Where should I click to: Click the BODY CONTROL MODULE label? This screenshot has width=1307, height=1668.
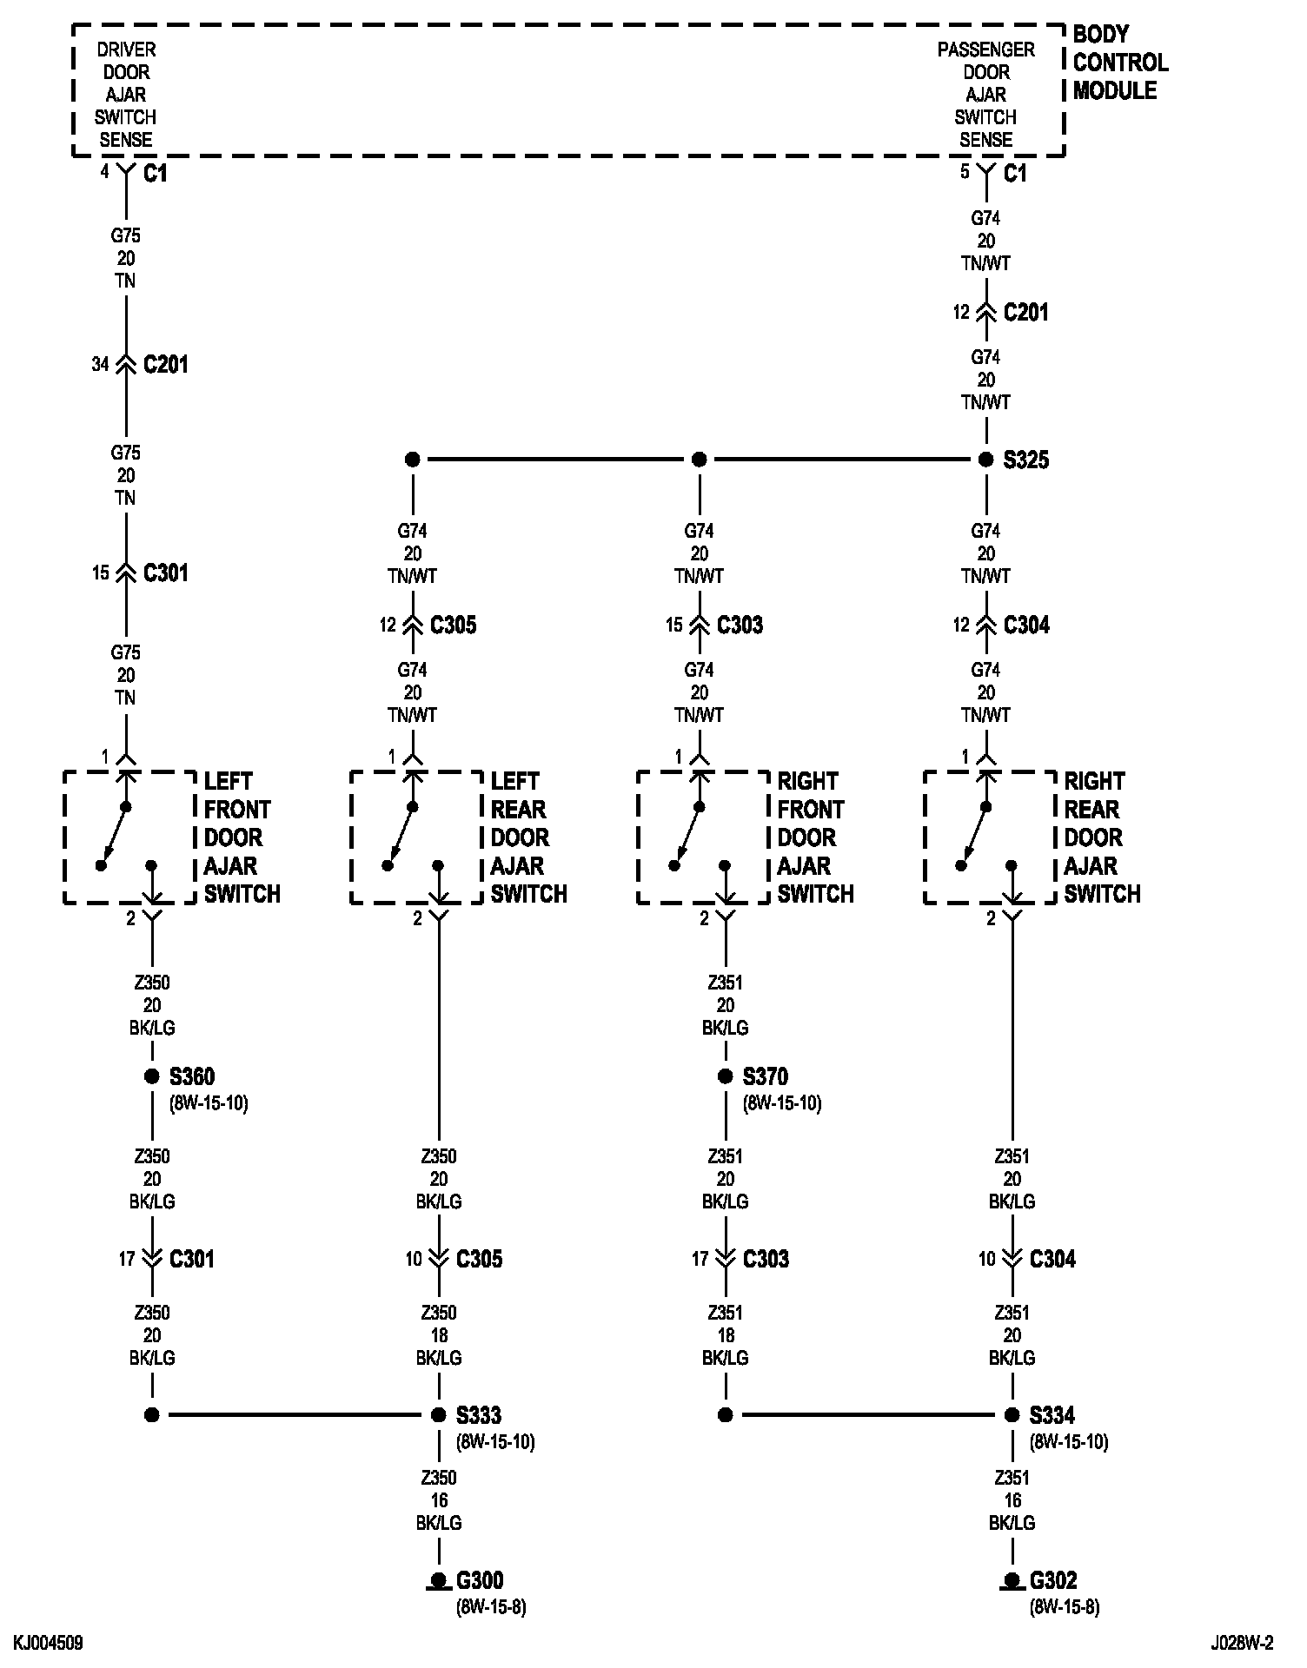click(x=1119, y=63)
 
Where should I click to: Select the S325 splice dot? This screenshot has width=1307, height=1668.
click(x=985, y=460)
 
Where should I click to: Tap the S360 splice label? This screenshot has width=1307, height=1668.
click(x=191, y=1077)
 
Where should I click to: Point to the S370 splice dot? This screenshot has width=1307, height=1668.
click(x=726, y=1077)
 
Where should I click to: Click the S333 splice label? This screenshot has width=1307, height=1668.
click(x=479, y=1416)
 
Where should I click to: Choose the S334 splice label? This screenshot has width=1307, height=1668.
click(x=1052, y=1416)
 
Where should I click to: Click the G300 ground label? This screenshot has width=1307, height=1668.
click(x=480, y=1580)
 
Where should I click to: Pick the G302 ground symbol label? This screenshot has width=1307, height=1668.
click(x=1053, y=1580)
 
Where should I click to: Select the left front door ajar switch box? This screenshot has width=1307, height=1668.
click(x=129, y=837)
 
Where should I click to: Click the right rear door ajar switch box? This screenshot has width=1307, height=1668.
click(x=990, y=837)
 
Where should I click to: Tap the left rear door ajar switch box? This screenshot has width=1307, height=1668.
click(x=416, y=837)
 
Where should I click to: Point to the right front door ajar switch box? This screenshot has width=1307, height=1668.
click(x=703, y=837)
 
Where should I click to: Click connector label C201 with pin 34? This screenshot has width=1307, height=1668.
click(x=165, y=365)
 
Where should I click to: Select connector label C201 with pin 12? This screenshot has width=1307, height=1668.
click(x=1025, y=313)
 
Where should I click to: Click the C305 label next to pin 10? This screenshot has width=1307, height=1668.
click(x=479, y=1260)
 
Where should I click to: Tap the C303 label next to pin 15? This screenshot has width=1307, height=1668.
click(x=740, y=625)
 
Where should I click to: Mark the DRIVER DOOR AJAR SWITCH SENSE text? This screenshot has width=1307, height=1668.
click(x=126, y=95)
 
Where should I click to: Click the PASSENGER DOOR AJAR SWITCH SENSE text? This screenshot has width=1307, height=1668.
click(x=985, y=95)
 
